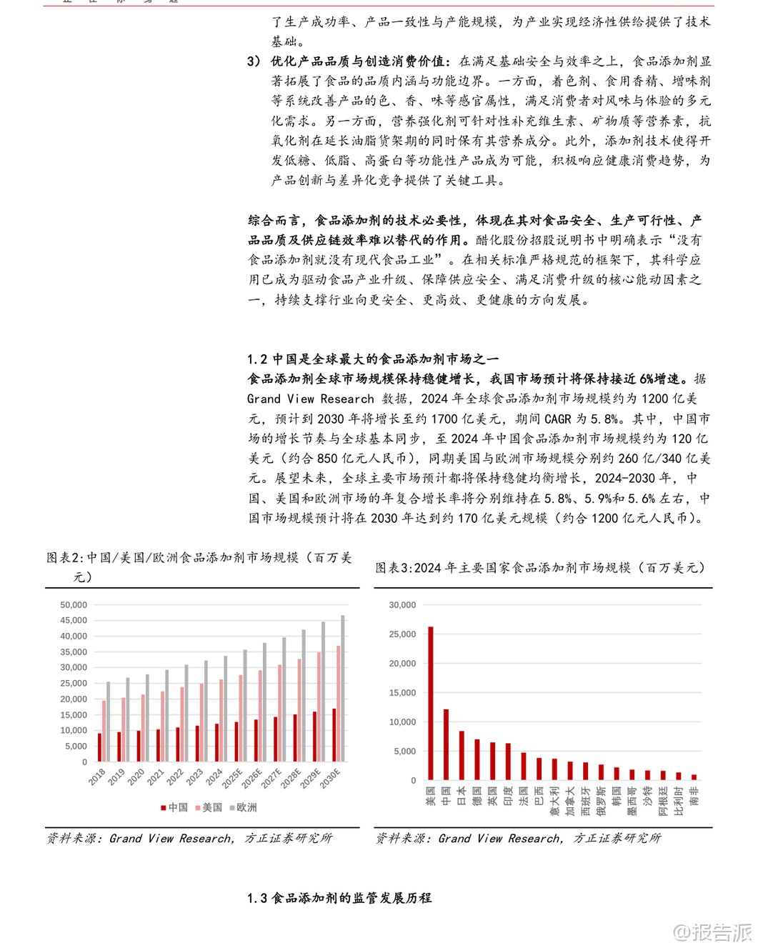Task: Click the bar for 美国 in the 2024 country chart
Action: [x=431, y=704]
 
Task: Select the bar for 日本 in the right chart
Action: [x=462, y=755]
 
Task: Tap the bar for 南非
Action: [x=694, y=777]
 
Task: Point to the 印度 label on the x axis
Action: [x=508, y=796]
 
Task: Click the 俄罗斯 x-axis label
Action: [x=601, y=801]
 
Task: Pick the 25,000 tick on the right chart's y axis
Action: [x=402, y=634]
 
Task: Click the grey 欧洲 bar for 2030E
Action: [x=343, y=689]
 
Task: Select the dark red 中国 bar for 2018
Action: [x=99, y=747]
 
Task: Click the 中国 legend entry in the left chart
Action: [x=174, y=807]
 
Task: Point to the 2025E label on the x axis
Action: [x=232, y=778]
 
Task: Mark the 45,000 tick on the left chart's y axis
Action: [x=74, y=620]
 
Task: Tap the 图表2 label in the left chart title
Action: [x=65, y=557]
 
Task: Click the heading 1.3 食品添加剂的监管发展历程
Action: [x=339, y=898]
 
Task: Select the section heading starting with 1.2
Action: [x=373, y=359]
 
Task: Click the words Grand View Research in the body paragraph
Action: [x=311, y=399]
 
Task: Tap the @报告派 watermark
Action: [x=712, y=932]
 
